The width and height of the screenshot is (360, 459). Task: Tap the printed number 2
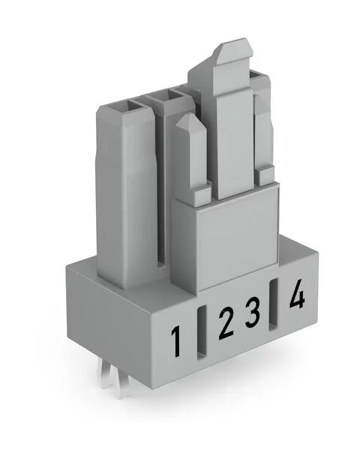tap(225, 324)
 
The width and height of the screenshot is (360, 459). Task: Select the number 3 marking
tap(253, 312)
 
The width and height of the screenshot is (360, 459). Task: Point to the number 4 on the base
tap(297, 295)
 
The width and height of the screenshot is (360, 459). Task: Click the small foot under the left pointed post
tap(199, 197)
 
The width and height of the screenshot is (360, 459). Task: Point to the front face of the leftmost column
tap(124, 202)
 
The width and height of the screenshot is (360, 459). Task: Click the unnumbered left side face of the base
tap(112, 315)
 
